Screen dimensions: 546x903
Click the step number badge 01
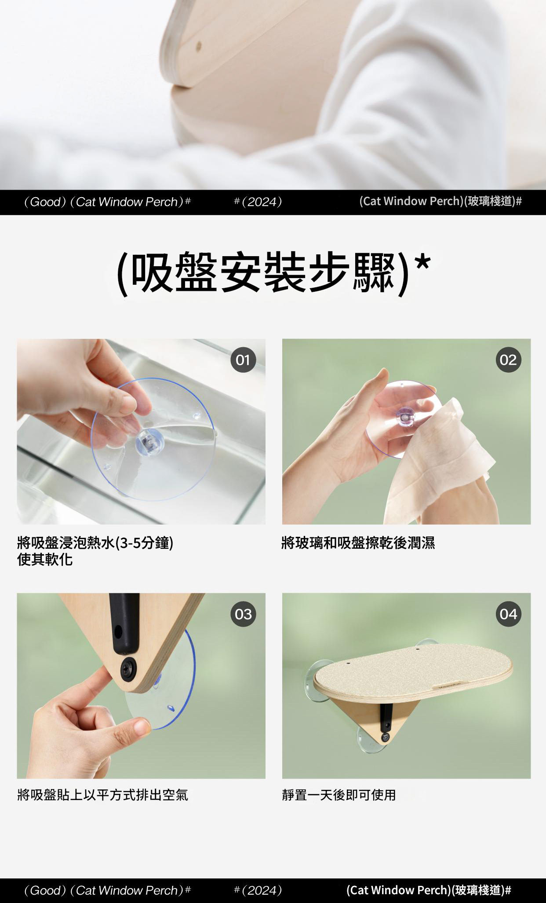(x=243, y=360)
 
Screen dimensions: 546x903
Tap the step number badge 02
(x=508, y=360)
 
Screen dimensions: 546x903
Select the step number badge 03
(x=243, y=614)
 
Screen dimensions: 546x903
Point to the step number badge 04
(x=508, y=614)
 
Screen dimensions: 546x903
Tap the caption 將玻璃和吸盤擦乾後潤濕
(x=358, y=543)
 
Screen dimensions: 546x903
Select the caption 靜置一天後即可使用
(x=339, y=795)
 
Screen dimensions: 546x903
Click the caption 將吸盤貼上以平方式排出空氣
(x=102, y=795)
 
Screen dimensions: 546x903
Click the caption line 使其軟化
(x=45, y=560)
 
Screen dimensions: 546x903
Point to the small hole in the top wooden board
(x=198, y=45)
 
